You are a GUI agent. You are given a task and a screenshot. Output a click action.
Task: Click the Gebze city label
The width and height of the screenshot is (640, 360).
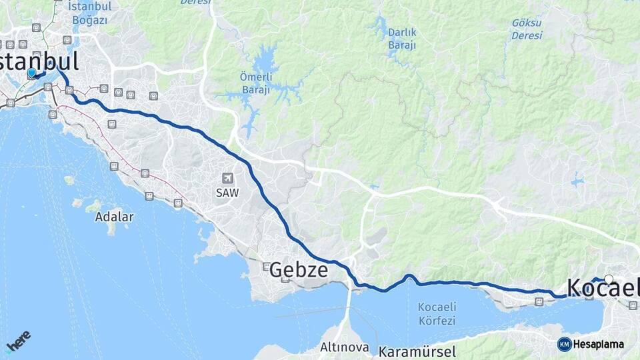coord(299,270)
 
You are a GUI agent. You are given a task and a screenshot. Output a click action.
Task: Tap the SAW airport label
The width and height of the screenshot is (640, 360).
coord(227,192)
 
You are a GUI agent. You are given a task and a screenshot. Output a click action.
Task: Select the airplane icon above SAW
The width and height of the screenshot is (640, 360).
coord(228,178)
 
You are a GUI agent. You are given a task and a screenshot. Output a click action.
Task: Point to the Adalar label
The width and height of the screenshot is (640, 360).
coord(114,217)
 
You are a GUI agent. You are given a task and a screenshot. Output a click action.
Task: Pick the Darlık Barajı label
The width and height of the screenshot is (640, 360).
coord(402,39)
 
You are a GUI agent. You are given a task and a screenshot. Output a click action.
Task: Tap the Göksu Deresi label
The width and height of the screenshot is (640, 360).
coord(526,27)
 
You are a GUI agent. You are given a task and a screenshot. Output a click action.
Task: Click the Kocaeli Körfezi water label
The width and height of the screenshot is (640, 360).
coord(437,313)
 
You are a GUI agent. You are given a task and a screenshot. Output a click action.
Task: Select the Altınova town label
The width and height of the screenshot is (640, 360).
coord(345,347)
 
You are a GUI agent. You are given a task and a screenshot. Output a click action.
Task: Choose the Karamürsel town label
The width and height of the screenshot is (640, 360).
coord(417,351)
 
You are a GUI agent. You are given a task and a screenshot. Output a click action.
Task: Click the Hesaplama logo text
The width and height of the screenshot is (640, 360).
coord(598,345)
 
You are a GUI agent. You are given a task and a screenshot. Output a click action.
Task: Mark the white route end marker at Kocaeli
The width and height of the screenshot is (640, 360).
coord(609,279)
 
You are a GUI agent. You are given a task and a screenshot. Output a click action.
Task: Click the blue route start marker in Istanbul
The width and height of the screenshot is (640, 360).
coord(31,73)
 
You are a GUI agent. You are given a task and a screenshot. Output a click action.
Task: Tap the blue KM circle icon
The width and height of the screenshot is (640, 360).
coord(564,345)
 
